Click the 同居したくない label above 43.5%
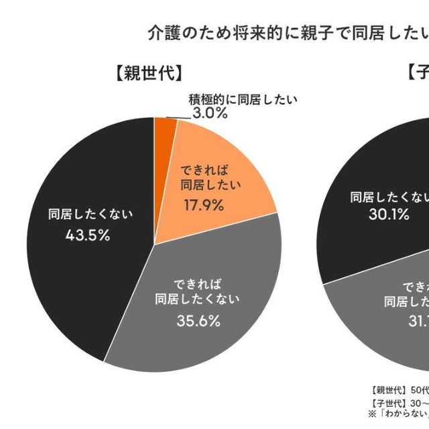pyautogui.click(x=90, y=214)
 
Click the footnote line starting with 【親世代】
pyautogui.click(x=400, y=389)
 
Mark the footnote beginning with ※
pyautogui.click(x=400, y=413)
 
